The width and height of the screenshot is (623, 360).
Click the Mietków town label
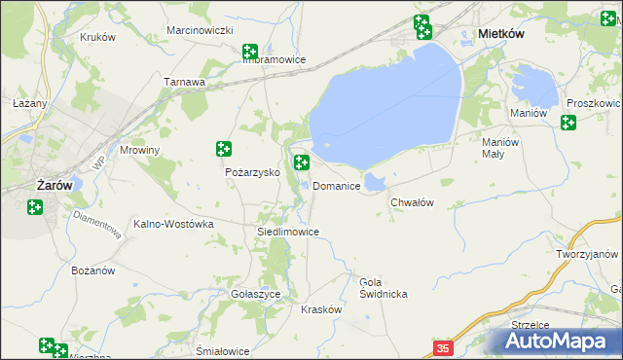(x=501, y=33)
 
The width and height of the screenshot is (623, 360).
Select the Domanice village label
(x=338, y=186)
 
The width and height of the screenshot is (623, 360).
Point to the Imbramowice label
(x=274, y=59)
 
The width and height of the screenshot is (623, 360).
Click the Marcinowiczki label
(x=199, y=31)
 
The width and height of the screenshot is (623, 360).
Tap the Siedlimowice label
(x=287, y=233)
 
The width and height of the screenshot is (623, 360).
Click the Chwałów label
(x=411, y=202)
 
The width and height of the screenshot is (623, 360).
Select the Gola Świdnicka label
(x=383, y=288)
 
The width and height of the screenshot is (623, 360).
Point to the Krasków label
(x=321, y=309)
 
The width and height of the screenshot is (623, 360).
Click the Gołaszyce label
(x=256, y=293)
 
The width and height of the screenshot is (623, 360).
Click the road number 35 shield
(x=443, y=347)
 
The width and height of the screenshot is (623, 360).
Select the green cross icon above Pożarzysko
(x=224, y=149)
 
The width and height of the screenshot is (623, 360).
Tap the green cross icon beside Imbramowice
(x=250, y=51)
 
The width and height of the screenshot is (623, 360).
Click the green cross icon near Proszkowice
(x=568, y=123)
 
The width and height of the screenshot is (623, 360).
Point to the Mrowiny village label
(x=138, y=151)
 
